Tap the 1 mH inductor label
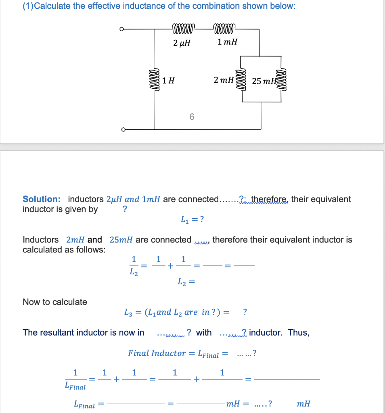tap(227, 42)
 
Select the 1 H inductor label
tap(169, 80)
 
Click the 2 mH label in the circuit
tap(224, 80)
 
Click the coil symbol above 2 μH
tap(183, 29)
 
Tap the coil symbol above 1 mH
tap(223, 29)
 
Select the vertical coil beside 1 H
tap(154, 80)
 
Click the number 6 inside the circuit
tap(192, 117)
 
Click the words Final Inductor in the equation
tap(157, 353)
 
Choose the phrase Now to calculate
tap(55, 302)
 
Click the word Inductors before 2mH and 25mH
tap(40, 240)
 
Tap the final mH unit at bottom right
tap(303, 404)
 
